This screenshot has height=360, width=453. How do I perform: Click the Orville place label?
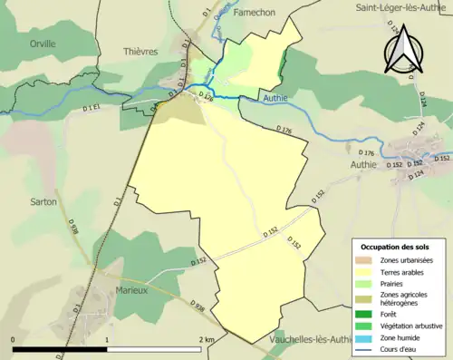[42, 43]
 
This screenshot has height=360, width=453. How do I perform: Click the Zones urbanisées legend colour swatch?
[366, 261]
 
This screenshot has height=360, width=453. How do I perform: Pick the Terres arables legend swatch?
[366, 272]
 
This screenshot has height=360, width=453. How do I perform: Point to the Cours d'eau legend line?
[366, 346]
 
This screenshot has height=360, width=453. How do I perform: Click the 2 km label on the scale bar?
[207, 340]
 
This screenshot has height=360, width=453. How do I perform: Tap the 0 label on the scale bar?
[13, 340]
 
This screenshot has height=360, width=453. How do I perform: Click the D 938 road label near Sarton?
[72, 227]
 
